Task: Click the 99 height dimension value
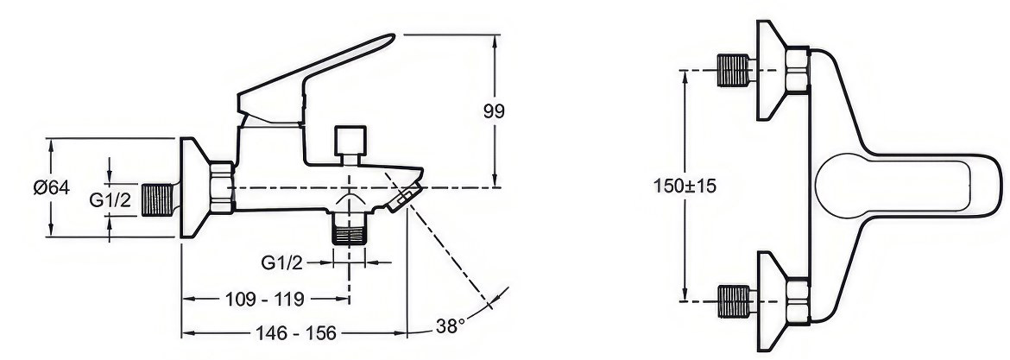(494, 111)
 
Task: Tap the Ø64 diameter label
(52, 187)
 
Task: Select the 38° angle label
(451, 325)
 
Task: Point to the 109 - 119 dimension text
(265, 299)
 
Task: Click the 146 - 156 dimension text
(296, 333)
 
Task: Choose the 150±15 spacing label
(685, 186)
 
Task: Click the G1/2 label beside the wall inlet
(110, 200)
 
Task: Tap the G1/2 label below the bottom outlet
(281, 262)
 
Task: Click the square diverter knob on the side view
(350, 141)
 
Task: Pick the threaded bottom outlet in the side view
(350, 230)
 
